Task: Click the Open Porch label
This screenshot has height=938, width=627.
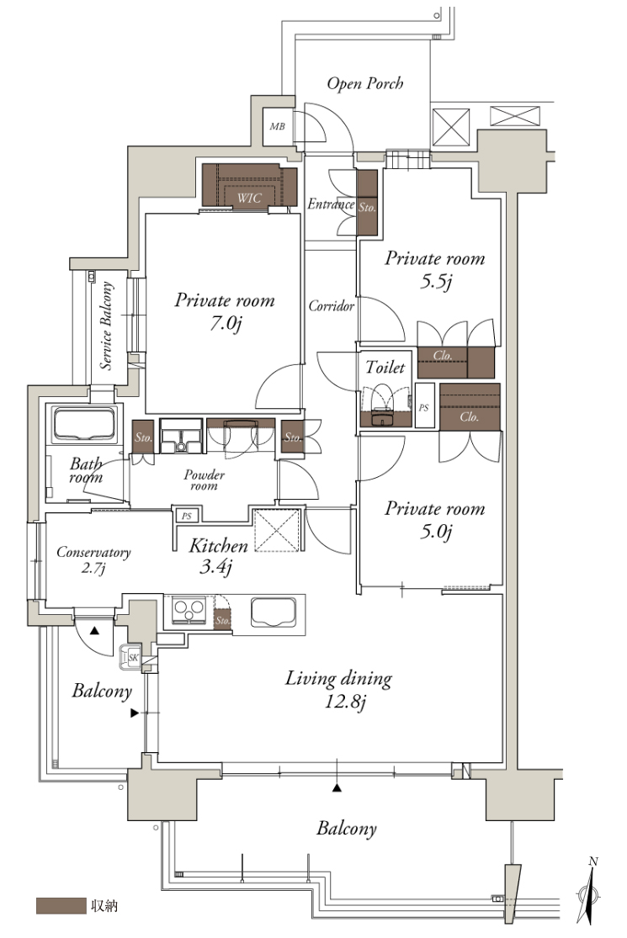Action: pyautogui.click(x=365, y=84)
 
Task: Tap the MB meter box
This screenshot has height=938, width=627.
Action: pyautogui.click(x=278, y=127)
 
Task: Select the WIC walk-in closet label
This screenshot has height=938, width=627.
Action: pyautogui.click(x=249, y=198)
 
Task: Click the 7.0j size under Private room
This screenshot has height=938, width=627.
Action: pyautogui.click(x=226, y=324)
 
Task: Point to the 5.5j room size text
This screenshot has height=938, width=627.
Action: pyautogui.click(x=436, y=281)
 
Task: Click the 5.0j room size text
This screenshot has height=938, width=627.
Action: pyautogui.click(x=436, y=531)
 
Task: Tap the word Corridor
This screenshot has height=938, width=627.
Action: pyautogui.click(x=332, y=306)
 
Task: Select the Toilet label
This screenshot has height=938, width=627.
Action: pyautogui.click(x=385, y=368)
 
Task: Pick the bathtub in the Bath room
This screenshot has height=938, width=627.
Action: pyautogui.click(x=84, y=425)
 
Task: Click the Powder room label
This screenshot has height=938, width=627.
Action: pyautogui.click(x=204, y=480)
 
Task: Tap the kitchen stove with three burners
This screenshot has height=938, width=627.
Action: pyautogui.click(x=189, y=610)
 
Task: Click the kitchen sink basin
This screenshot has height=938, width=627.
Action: pyautogui.click(x=274, y=612)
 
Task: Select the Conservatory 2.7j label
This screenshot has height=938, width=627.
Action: pyautogui.click(x=93, y=559)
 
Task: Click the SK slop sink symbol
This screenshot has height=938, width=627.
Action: pyautogui.click(x=132, y=658)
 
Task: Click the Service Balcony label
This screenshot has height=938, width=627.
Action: pyautogui.click(x=107, y=326)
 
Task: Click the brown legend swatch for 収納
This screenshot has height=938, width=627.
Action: pyautogui.click(x=61, y=906)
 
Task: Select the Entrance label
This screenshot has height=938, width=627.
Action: pyautogui.click(x=330, y=204)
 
